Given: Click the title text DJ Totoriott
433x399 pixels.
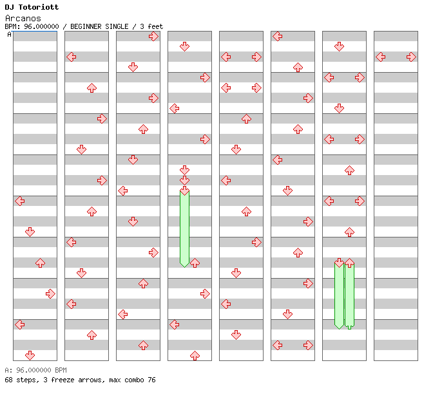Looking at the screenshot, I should tap(32, 7).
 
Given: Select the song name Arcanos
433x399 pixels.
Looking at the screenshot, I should tap(23, 18).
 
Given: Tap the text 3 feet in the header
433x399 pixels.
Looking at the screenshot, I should tap(150, 26).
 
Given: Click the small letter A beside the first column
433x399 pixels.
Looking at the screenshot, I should tap(9, 34).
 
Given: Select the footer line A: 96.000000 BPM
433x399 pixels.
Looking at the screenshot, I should tap(35, 370).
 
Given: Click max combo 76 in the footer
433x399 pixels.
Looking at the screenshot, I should tap(133, 380).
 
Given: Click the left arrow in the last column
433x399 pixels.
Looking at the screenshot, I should tap(381, 57).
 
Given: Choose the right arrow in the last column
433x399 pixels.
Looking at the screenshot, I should tap(411, 57).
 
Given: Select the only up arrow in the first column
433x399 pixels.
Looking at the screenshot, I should tap(40, 263).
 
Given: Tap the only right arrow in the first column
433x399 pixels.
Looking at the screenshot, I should tap(50, 293).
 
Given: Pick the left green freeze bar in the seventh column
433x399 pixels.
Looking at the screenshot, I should tap(339, 295).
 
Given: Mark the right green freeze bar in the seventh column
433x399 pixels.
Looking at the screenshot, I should tap(349, 295).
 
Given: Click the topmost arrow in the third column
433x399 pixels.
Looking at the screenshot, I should tap(153, 36).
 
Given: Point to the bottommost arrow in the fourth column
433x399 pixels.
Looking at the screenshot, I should tap(195, 355).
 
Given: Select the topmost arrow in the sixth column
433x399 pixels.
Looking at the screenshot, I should tap(277, 36).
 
